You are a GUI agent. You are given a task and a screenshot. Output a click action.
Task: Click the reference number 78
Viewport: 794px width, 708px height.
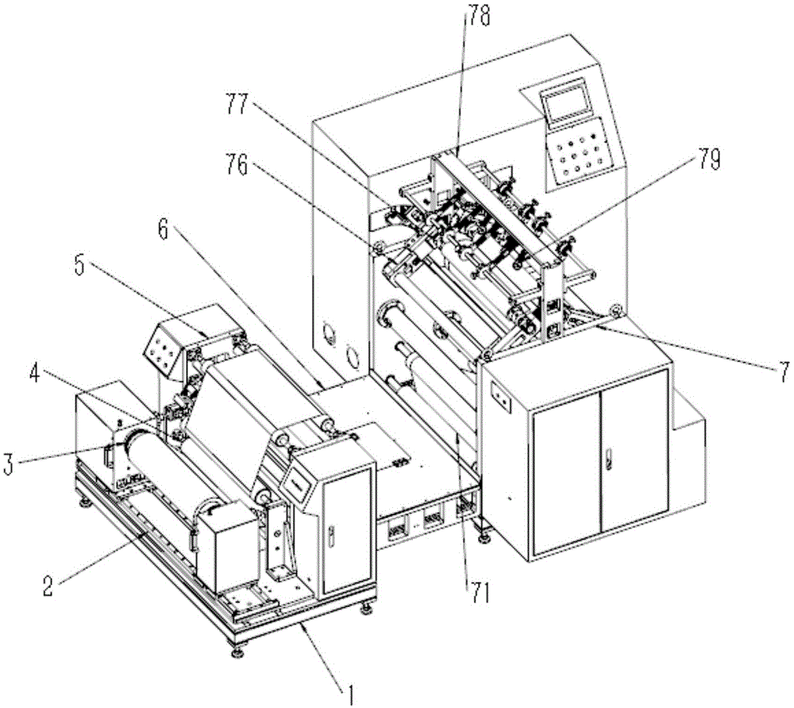(x=479, y=14)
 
